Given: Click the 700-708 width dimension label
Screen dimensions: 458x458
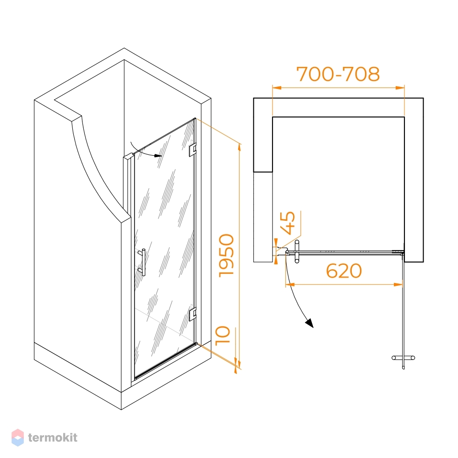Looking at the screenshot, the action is pos(338,74).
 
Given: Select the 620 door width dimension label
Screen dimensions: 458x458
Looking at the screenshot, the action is pos(344,271).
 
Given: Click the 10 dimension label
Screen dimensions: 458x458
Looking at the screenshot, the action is pos(223,336).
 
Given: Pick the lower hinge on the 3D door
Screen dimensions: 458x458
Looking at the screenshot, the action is pos(192,313).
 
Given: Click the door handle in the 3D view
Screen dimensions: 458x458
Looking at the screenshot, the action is pos(142,262).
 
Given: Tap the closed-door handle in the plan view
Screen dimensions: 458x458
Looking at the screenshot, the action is pos(297,251).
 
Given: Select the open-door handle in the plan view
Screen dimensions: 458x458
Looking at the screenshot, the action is pos(403,358).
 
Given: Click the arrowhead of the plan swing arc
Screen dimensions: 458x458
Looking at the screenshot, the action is pos(310,323).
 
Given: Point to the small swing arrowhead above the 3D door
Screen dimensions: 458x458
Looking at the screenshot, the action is pos(158,156).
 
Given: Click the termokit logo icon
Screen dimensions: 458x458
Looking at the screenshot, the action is pos(17,437).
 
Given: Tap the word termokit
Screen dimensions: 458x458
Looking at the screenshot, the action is pos(53,437).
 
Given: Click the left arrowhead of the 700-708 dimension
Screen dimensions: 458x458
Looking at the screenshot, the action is pos(277,87).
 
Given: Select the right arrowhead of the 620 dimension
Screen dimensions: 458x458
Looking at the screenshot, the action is pos(398,284).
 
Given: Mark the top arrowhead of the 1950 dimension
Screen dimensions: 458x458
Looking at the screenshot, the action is pos(240,148).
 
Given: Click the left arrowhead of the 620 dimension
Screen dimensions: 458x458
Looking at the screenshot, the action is pos(290,284).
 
